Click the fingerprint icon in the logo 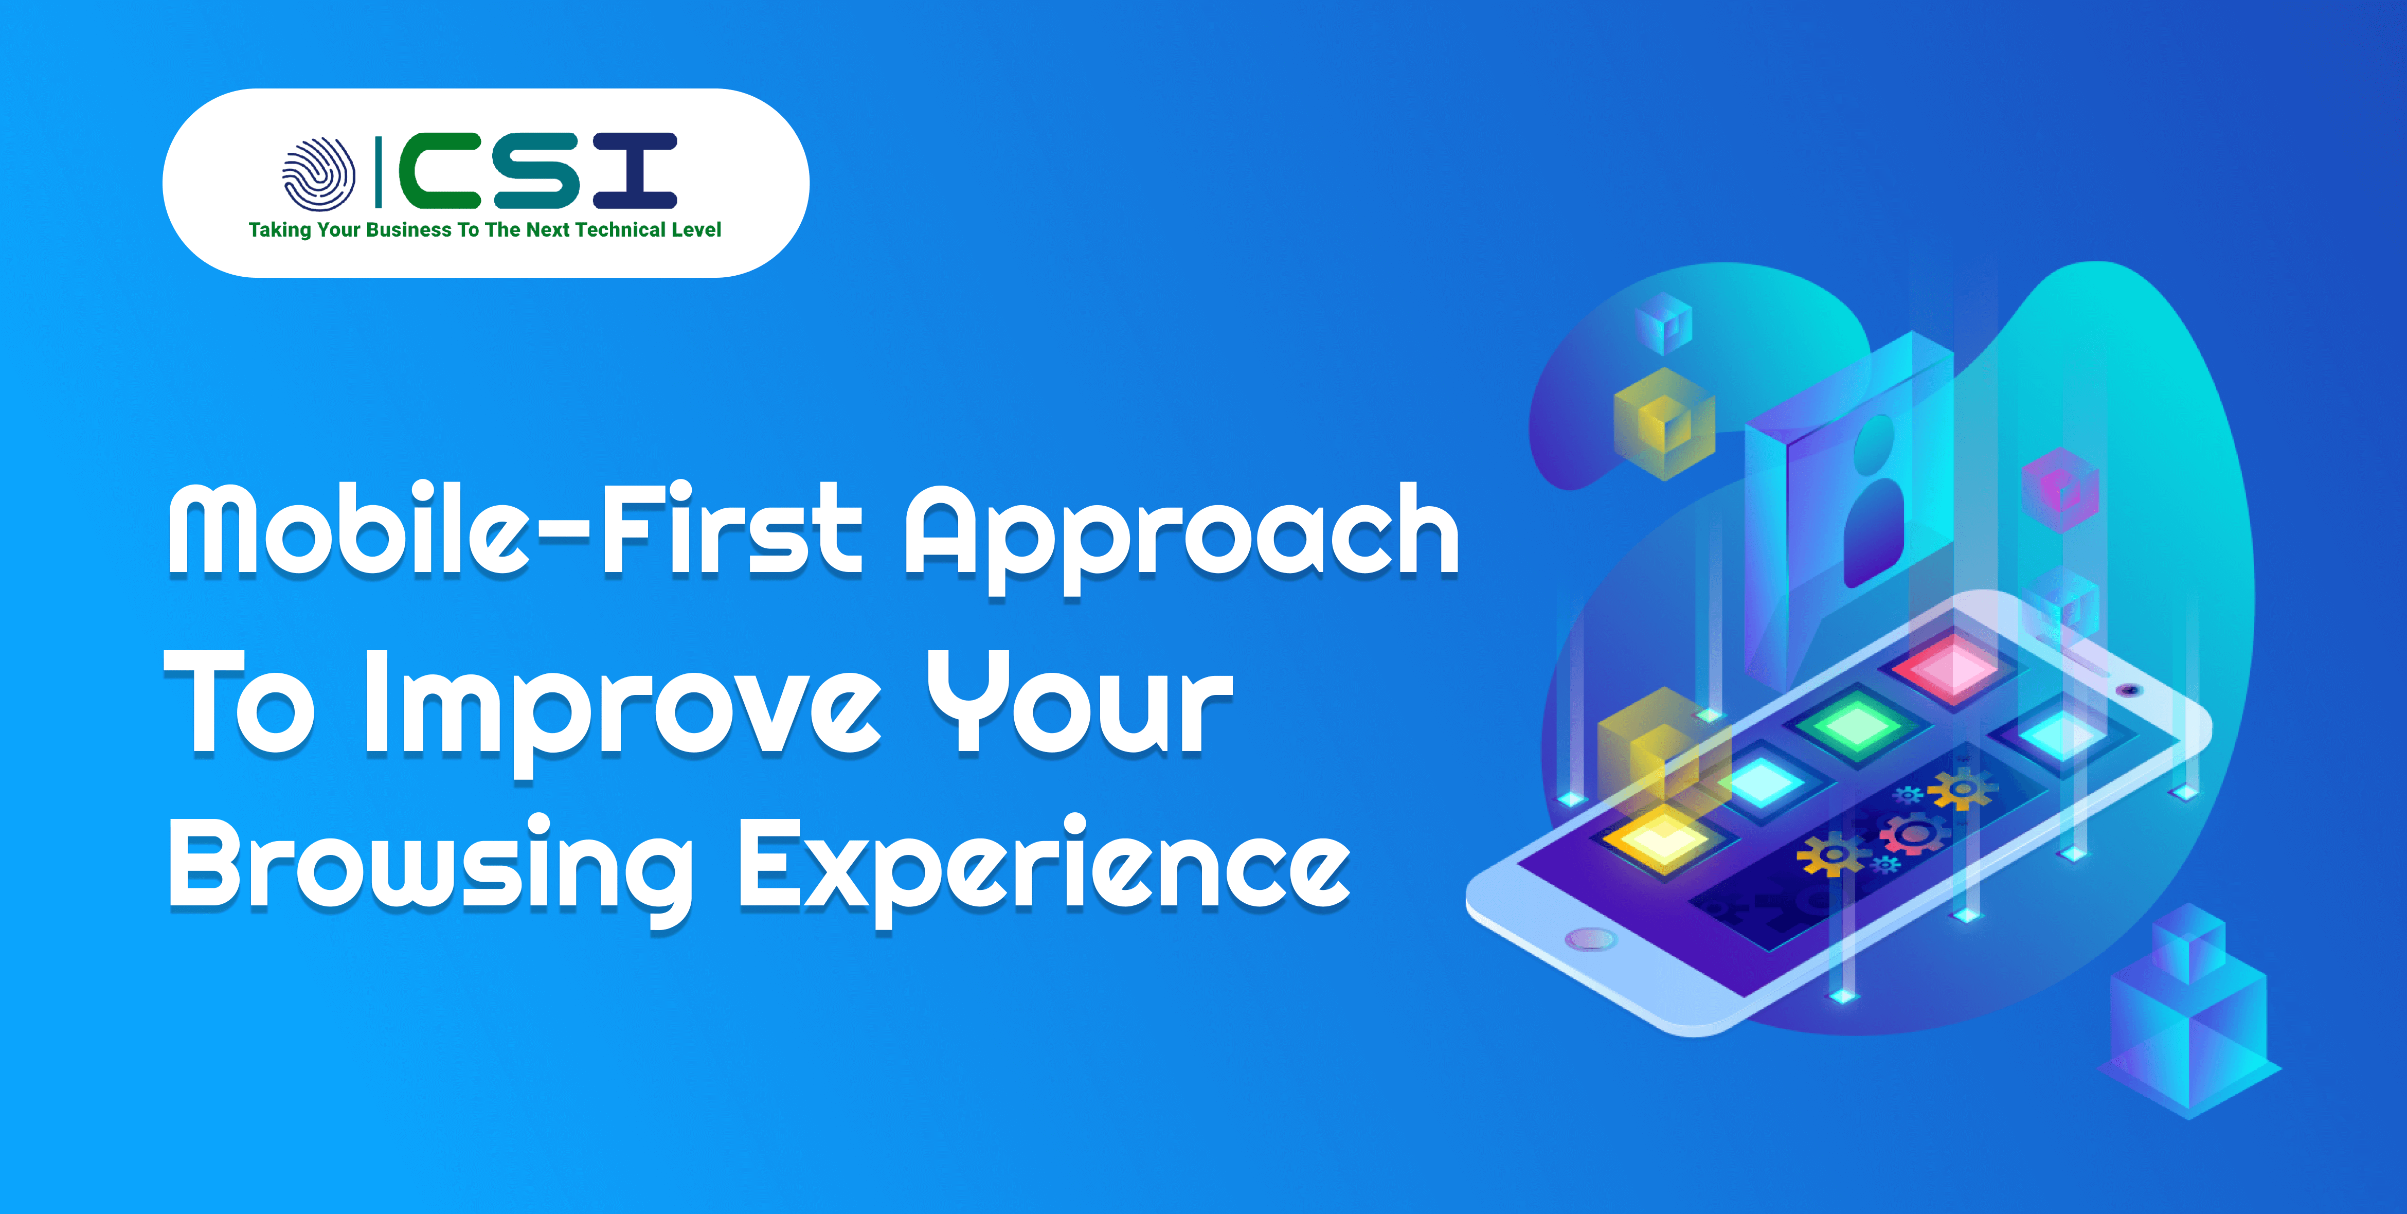[x=319, y=174]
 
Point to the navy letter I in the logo [x=635, y=170]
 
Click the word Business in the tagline [x=408, y=230]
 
